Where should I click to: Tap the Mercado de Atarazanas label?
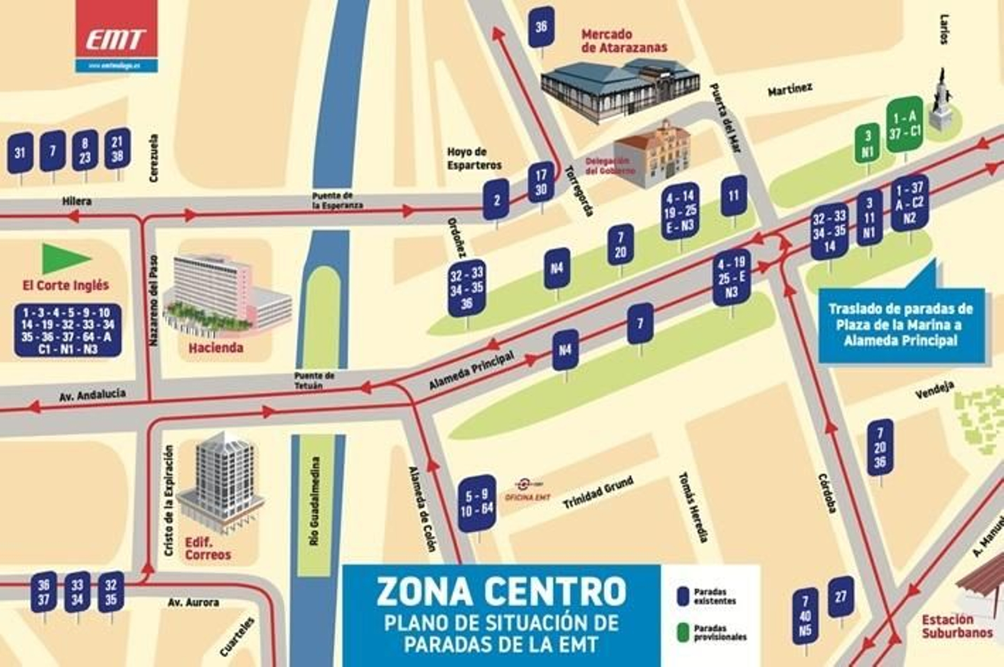coord(624,41)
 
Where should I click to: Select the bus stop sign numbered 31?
coord(20,152)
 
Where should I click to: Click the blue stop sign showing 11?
coord(734,196)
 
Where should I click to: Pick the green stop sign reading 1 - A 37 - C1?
coord(904,124)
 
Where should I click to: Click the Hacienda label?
coord(215,348)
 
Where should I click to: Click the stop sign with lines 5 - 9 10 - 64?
coord(477,503)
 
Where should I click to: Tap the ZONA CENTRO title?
coord(501,591)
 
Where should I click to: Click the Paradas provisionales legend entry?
coord(713,632)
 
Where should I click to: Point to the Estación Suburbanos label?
coord(956,626)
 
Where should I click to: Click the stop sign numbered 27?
coord(840,597)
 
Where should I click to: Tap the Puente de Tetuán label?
coord(314,380)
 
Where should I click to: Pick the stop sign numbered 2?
coord(496,200)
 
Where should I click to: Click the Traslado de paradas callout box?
coord(900,325)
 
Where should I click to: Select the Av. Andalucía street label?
coord(92,395)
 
